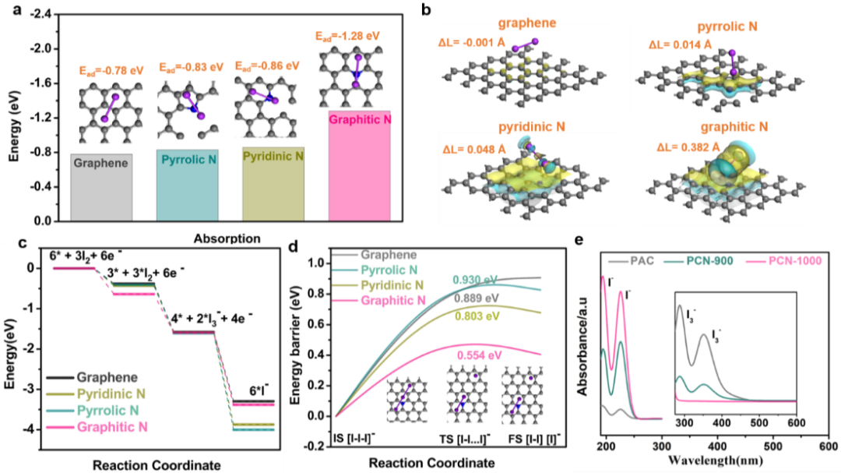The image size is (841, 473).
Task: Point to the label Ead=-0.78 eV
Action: click(x=111, y=70)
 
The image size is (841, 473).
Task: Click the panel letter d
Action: click(x=293, y=247)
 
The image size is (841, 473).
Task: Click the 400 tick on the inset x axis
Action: click(x=723, y=422)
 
